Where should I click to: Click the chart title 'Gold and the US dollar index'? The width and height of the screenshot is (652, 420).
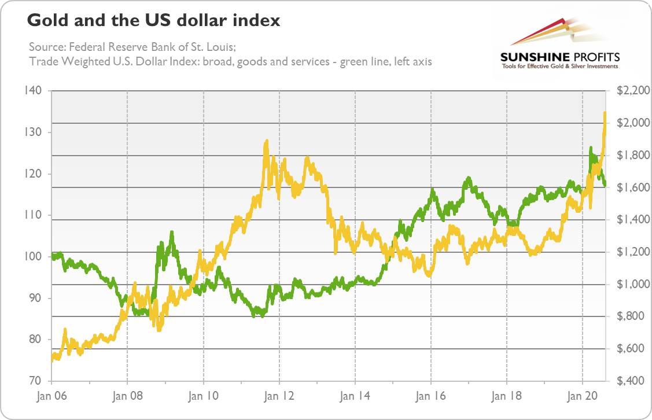click(x=153, y=21)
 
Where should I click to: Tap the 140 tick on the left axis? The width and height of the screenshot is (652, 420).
click(x=34, y=91)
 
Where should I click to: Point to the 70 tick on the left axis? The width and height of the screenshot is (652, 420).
click(x=34, y=381)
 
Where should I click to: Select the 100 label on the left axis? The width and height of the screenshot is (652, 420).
click(x=34, y=256)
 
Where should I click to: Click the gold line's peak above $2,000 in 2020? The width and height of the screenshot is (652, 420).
click(x=605, y=113)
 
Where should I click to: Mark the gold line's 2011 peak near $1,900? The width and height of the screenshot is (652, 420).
click(x=266, y=141)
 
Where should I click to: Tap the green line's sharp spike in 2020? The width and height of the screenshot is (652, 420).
click(x=591, y=148)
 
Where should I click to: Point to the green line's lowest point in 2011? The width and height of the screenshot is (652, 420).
click(x=261, y=316)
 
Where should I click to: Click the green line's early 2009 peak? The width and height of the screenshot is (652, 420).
click(x=172, y=233)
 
